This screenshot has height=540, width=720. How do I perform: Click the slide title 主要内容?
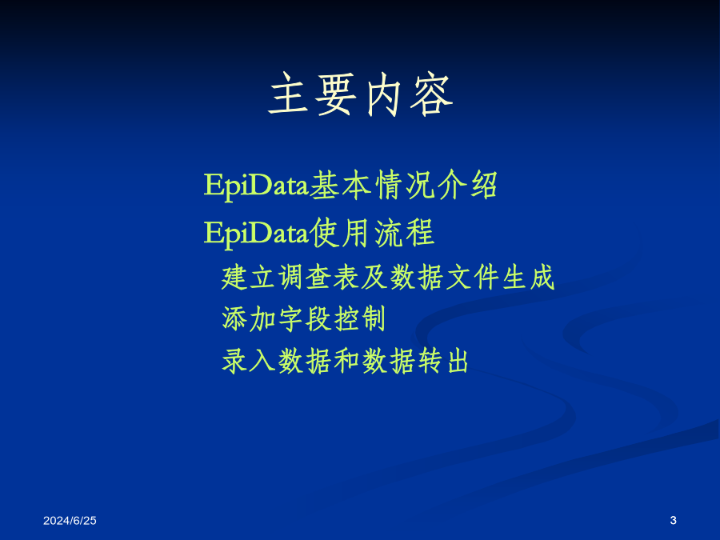coord(361,94)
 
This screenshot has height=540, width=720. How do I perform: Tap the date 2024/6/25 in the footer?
coord(70,520)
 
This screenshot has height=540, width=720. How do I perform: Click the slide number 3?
coord(673,520)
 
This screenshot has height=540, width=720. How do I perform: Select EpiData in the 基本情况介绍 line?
coord(256,186)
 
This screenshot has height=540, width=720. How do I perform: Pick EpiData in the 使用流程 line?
coord(256,234)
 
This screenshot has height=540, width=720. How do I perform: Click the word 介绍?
coord(467,185)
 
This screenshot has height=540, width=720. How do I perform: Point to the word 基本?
coord(340,185)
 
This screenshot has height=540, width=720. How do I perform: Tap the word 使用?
coord(340,233)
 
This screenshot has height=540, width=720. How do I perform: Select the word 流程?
coord(405,233)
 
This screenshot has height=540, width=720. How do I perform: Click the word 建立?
coord(249,278)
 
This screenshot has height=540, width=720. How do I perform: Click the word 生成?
coord(529,278)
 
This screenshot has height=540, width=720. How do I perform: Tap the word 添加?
coord(249,318)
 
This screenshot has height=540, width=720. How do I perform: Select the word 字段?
coord(305,318)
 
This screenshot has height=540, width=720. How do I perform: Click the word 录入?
coord(249,361)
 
